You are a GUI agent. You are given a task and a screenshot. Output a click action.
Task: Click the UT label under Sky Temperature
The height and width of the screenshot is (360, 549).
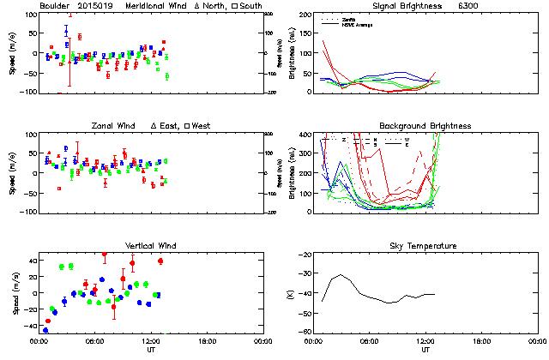tap(425, 350)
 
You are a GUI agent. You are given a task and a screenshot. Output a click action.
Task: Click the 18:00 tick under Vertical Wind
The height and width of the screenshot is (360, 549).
tap(206, 341)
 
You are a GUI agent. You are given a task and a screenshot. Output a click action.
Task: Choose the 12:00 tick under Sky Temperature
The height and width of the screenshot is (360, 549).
tap(425, 341)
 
